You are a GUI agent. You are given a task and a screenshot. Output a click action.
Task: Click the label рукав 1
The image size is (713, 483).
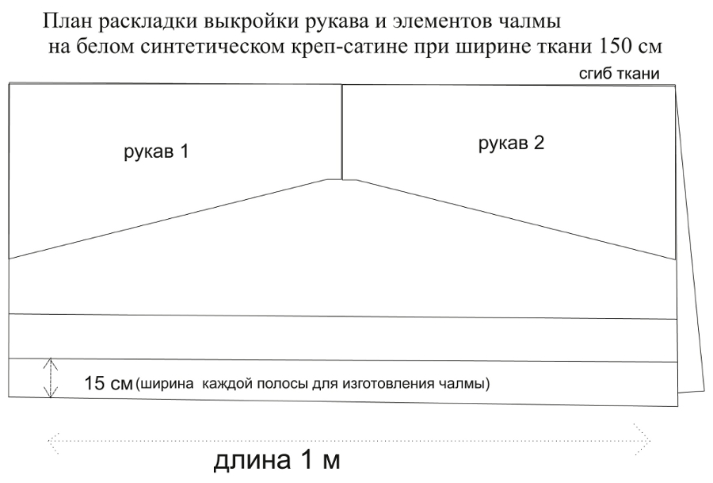[156, 152]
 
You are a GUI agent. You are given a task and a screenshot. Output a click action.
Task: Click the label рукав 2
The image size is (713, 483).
[511, 144]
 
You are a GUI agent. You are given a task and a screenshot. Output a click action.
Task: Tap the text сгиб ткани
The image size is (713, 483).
[620, 74]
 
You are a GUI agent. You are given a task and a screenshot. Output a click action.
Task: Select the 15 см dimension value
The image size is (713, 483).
[109, 383]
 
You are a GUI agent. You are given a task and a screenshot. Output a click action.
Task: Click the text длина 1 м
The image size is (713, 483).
[277, 460]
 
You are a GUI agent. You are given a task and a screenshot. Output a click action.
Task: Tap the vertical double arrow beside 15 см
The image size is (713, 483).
[51, 378]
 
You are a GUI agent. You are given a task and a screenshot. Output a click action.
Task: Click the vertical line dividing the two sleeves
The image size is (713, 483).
[341, 132]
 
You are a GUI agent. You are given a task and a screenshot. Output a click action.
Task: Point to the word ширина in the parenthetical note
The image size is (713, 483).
[166, 384]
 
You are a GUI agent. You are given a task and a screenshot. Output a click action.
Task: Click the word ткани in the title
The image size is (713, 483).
[568, 47]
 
